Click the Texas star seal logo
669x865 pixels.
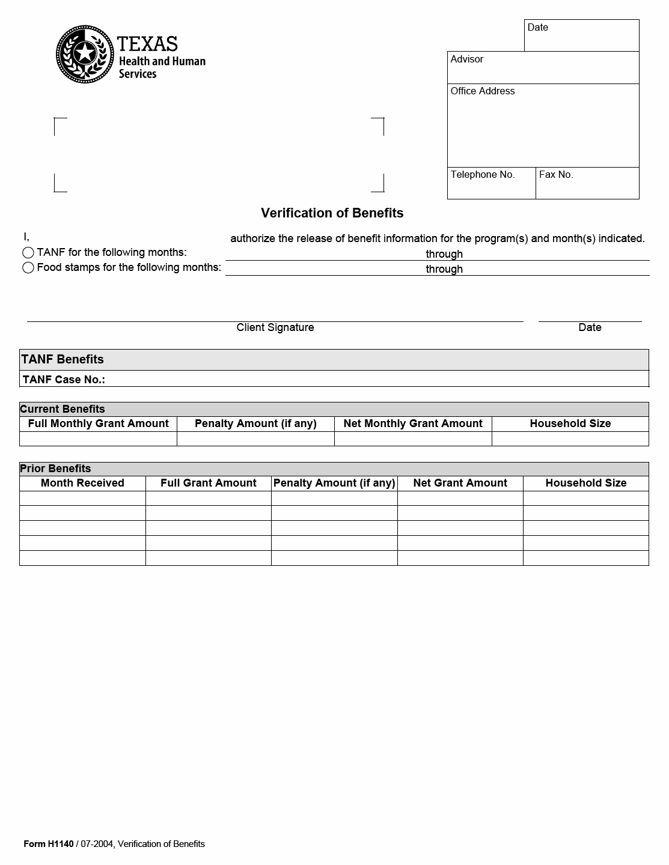pyautogui.click(x=85, y=54)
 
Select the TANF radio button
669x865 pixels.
pyautogui.click(x=28, y=252)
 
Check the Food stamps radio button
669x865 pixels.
pyautogui.click(x=28, y=267)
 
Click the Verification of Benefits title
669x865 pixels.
pyautogui.click(x=332, y=213)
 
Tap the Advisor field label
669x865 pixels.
pyautogui.click(x=467, y=59)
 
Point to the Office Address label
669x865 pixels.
pyautogui.click(x=483, y=91)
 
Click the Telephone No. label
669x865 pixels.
pyautogui.click(x=483, y=175)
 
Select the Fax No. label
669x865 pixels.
pyautogui.click(x=556, y=175)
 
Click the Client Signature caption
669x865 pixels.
pyautogui.click(x=275, y=327)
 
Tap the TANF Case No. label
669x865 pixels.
pyautogui.click(x=64, y=380)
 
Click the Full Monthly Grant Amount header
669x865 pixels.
pyautogui.click(x=98, y=423)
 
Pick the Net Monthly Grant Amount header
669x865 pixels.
pyautogui.click(x=413, y=423)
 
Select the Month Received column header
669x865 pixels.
pyautogui.click(x=82, y=483)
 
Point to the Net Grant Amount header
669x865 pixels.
pyautogui.click(x=460, y=483)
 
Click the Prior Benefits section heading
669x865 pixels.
pyautogui.click(x=55, y=469)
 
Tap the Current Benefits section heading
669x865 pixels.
pyautogui.click(x=63, y=409)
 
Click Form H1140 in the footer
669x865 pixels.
pyautogui.click(x=49, y=844)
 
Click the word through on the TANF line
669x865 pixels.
pyautogui.click(x=444, y=254)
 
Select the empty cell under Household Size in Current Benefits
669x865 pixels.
pyautogui.click(x=570, y=439)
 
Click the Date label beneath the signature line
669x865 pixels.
pyautogui.click(x=590, y=327)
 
